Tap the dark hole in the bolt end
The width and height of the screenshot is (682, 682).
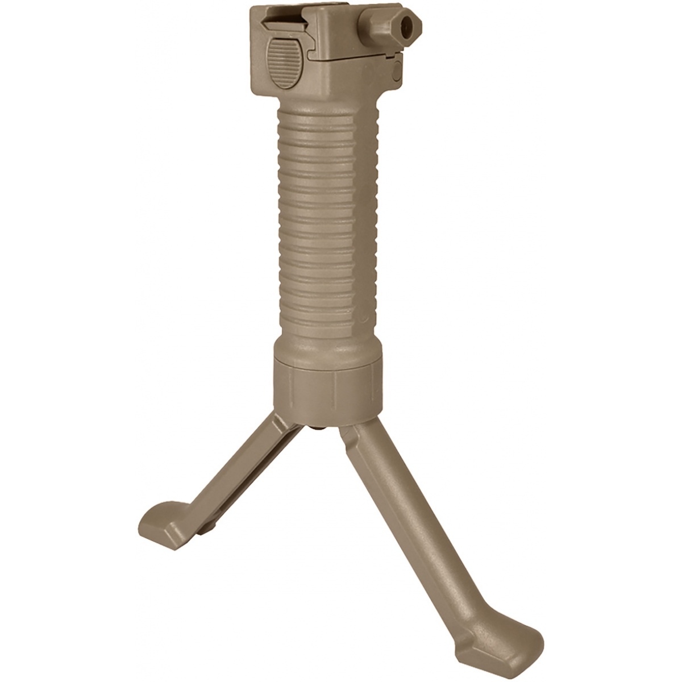tap(406, 25)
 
